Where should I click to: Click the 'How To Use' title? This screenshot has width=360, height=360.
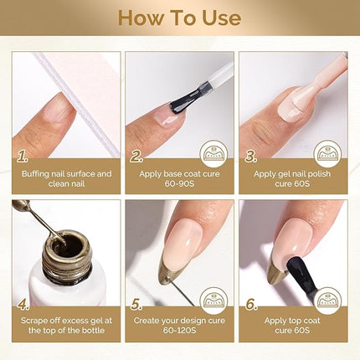180,18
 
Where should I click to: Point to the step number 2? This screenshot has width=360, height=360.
136,157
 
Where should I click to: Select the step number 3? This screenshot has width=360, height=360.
249,157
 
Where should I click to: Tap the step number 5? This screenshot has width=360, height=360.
136,305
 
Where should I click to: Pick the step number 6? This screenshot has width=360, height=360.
249,305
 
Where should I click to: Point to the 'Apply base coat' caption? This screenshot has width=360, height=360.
179,180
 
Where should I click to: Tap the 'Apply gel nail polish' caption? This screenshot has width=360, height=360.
293,180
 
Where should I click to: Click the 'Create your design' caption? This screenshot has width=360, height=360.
179,328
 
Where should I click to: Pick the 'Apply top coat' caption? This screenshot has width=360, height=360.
293,328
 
